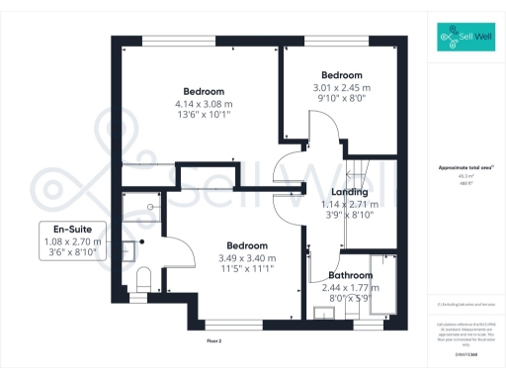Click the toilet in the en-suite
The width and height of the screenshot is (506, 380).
coord(142,279)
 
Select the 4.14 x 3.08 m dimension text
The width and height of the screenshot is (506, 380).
coord(204,103)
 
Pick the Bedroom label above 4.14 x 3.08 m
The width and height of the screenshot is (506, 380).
coord(204,91)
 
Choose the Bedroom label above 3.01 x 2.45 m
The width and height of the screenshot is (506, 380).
coord(342,75)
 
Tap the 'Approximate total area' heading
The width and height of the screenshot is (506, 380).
coord(464,168)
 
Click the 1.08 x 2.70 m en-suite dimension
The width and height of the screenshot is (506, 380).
coord(72,241)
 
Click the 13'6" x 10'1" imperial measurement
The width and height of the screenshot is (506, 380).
coord(204,114)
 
